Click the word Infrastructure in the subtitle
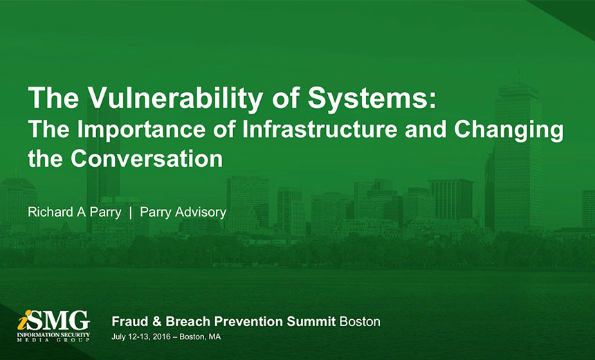pyautogui.click(x=320, y=129)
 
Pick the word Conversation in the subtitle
pyautogui.click(x=147, y=159)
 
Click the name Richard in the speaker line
pyautogui.click(x=51, y=212)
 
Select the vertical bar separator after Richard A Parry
pyautogui.click(x=131, y=213)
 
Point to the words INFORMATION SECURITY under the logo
pyautogui.click(x=53, y=334)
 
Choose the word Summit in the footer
pyautogui.click(x=311, y=322)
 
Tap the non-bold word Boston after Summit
pyautogui.click(x=360, y=322)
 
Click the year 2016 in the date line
pyautogui.click(x=161, y=337)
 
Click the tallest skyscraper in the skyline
pyautogui.click(x=518, y=156)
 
